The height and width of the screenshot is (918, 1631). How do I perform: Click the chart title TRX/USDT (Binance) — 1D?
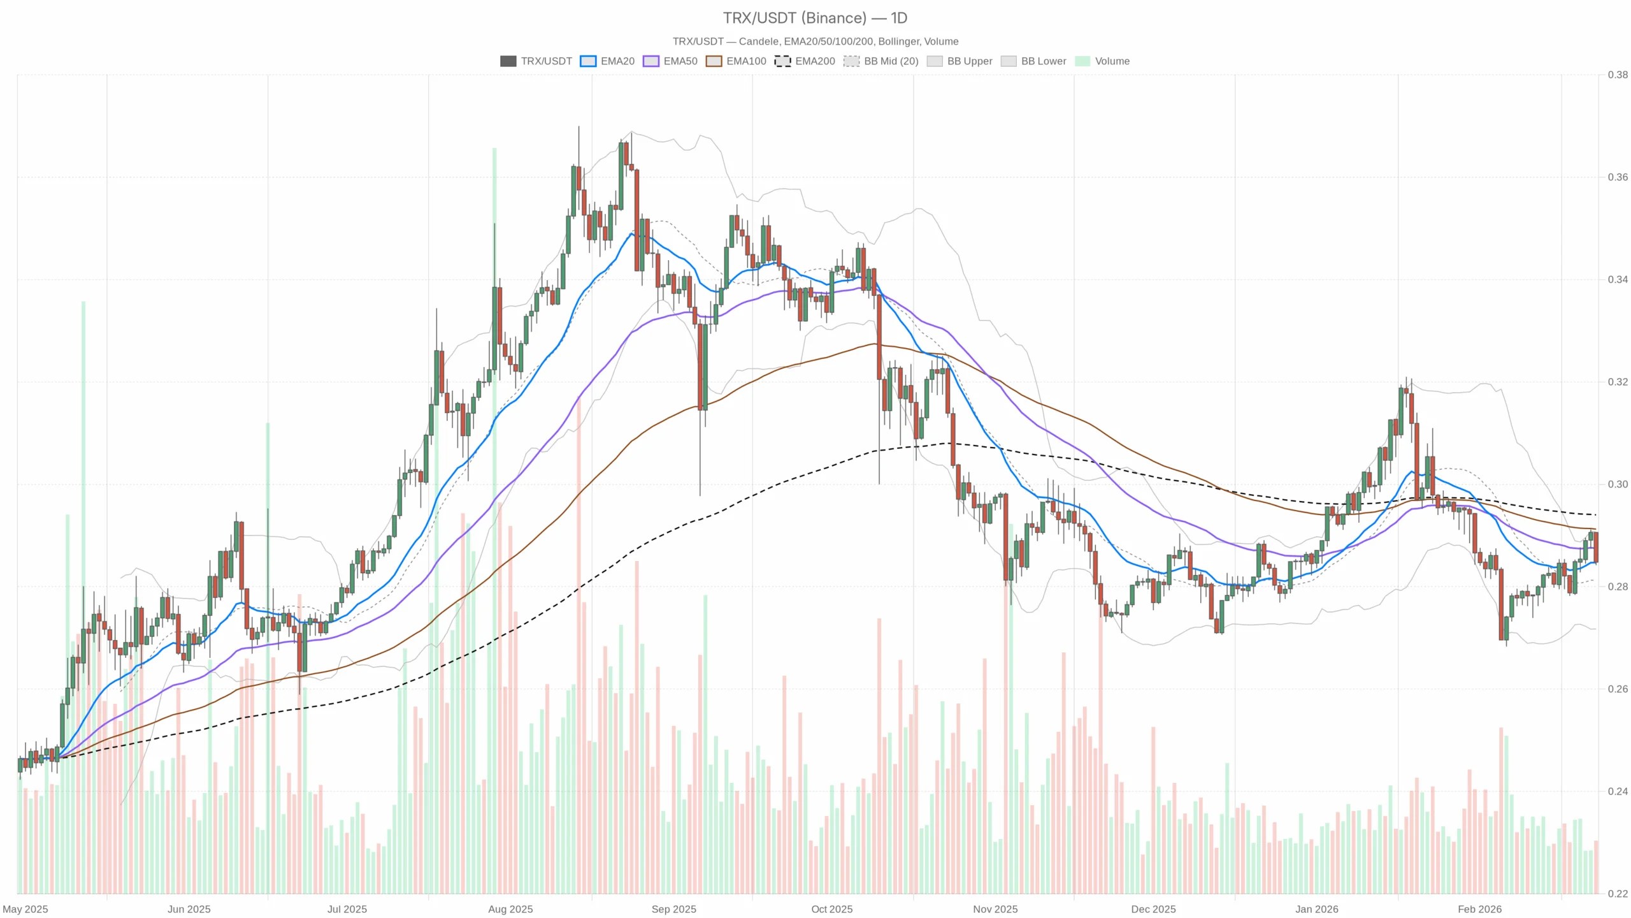815,18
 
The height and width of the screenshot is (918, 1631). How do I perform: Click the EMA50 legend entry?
670,61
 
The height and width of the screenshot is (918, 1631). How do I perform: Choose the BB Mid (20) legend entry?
881,61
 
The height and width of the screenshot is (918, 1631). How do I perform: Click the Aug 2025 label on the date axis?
510,909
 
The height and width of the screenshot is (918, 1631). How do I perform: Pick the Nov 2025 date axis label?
995,909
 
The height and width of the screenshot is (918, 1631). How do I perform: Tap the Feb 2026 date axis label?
1479,909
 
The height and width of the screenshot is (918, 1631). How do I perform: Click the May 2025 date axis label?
25,909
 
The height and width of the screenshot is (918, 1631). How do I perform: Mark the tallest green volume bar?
494,510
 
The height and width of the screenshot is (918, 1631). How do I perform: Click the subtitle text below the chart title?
815,41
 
